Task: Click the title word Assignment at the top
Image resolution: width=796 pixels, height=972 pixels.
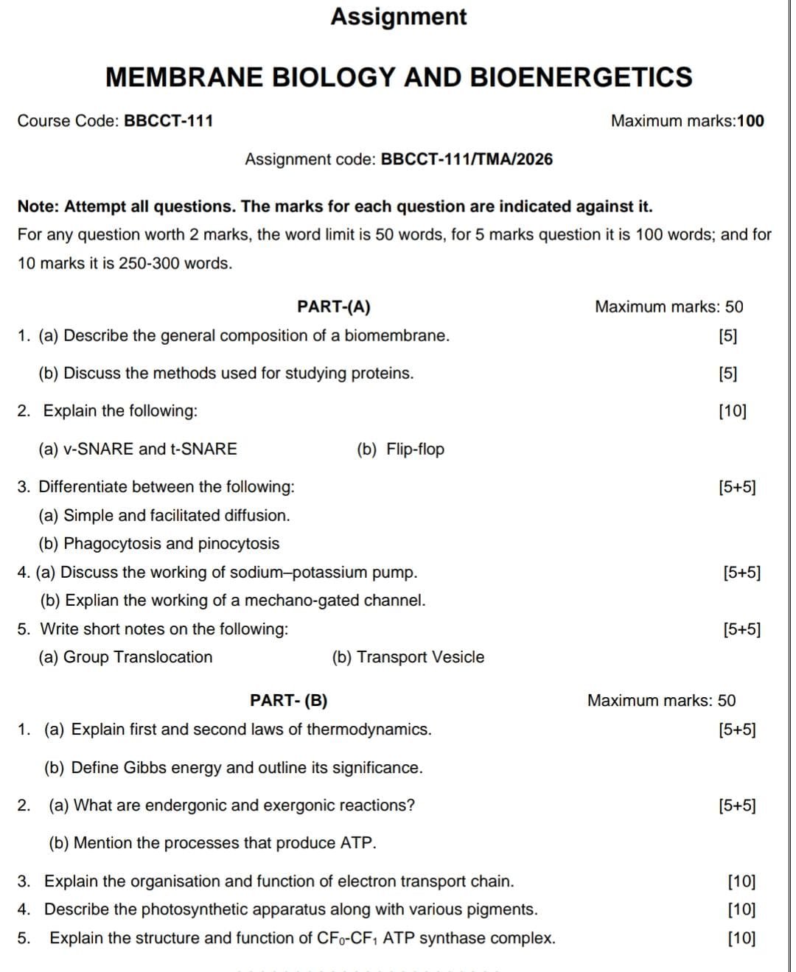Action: tap(398, 17)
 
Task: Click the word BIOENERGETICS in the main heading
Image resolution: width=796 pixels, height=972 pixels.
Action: tap(581, 77)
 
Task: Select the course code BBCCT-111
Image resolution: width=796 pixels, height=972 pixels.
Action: tap(169, 121)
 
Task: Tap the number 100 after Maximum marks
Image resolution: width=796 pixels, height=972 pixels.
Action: tap(750, 121)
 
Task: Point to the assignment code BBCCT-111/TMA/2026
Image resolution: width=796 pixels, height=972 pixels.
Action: tap(467, 159)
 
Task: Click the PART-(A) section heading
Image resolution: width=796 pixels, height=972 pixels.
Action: tap(334, 307)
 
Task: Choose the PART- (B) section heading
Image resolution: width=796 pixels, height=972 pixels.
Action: tap(289, 700)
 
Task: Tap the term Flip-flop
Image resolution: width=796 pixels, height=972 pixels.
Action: tap(415, 449)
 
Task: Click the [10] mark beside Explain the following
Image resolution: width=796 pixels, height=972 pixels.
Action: tap(732, 411)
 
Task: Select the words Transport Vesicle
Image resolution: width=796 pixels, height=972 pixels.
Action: tap(420, 657)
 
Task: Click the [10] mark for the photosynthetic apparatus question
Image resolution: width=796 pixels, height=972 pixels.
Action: tap(741, 909)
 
